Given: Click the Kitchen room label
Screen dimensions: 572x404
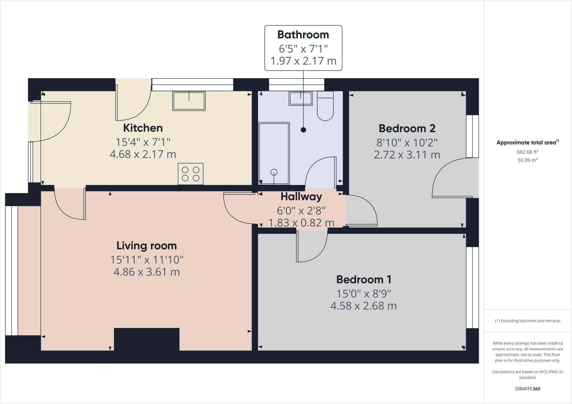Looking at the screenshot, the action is (143, 128).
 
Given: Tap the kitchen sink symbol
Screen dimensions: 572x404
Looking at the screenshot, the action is (189, 101).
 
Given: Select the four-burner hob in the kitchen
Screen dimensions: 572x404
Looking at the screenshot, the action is (190, 174).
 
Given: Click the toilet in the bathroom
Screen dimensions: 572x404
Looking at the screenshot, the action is (325, 106).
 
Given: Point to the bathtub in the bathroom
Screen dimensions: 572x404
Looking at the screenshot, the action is (274, 153).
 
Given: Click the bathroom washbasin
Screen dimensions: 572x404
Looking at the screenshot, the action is (301, 98).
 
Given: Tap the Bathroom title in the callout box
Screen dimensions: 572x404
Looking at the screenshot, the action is (303, 35).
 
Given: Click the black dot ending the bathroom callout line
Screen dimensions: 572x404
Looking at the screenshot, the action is (303, 130).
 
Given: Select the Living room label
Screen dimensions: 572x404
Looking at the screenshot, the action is (147, 246).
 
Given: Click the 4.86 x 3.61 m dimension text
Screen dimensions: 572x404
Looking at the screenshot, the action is (147, 272).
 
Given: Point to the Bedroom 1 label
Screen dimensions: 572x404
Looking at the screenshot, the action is (364, 279).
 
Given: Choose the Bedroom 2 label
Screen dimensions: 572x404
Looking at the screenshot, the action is (407, 128).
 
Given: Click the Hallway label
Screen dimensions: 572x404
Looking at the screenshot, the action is (301, 196).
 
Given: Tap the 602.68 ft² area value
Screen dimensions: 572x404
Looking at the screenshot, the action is (528, 152).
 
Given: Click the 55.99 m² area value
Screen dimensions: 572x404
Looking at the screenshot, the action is (528, 160).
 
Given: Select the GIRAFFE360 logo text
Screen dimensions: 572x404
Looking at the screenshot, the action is (528, 389).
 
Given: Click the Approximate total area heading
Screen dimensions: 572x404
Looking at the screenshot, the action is (528, 142).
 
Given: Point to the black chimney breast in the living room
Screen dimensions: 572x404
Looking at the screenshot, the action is (147, 339).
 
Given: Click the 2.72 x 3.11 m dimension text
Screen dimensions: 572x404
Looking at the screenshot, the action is (407, 155).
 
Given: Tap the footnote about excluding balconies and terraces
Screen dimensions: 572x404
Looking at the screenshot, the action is (528, 321).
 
